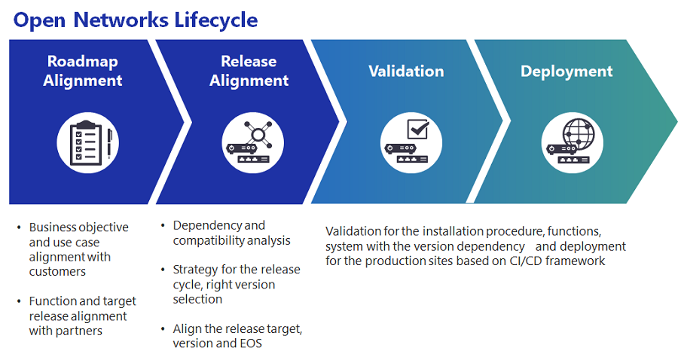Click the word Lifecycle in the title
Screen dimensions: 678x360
(x=215, y=21)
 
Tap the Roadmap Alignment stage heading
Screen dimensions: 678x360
(x=83, y=71)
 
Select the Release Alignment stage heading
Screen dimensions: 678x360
(x=249, y=71)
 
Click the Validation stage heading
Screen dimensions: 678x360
(x=407, y=72)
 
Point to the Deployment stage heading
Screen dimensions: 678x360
(x=567, y=72)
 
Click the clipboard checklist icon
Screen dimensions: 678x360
(x=86, y=142)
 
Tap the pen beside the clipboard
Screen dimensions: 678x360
(x=110, y=143)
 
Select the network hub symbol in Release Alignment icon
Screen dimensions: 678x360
(x=258, y=135)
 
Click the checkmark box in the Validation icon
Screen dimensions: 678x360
(x=418, y=130)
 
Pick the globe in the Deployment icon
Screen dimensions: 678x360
(x=579, y=134)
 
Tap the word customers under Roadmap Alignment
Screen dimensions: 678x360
(x=57, y=272)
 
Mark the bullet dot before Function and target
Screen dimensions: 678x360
(x=19, y=301)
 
